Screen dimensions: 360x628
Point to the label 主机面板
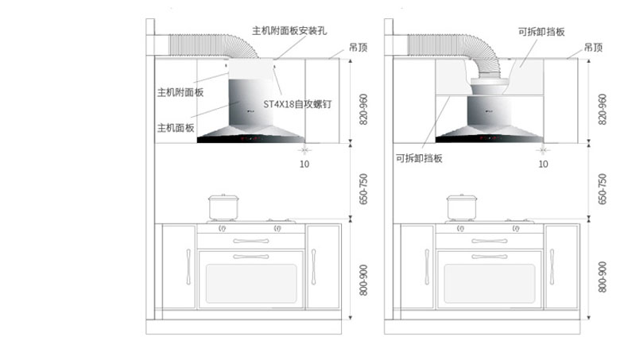pyautogui.click(x=176, y=127)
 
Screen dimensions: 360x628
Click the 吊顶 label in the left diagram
pyautogui.click(x=358, y=48)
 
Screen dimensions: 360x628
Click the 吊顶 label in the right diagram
pyautogui.click(x=593, y=48)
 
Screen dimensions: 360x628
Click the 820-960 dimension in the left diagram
pyautogui.click(x=363, y=108)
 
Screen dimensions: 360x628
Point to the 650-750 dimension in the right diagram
pyautogui.click(x=602, y=189)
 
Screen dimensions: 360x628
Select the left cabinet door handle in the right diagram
pyautogui.click(x=427, y=266)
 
